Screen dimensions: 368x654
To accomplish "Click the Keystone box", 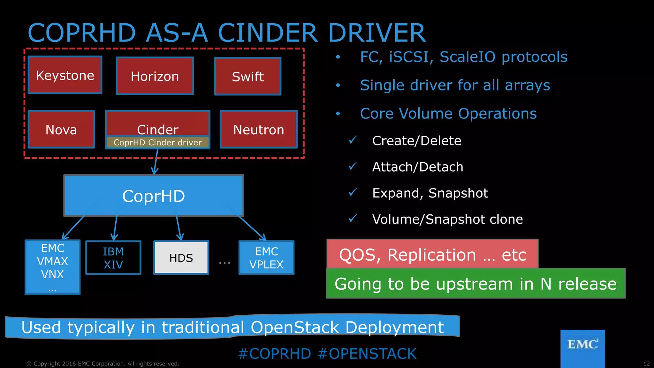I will tap(65, 75).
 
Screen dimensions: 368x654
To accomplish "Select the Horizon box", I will tap(155, 76).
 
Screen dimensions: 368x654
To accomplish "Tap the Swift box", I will tap(248, 76).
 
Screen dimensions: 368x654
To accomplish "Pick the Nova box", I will tap(61, 129).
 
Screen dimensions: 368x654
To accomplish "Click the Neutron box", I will tap(259, 129).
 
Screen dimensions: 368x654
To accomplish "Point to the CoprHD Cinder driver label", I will tap(157, 142).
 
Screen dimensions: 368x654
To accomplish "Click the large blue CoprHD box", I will tap(154, 196).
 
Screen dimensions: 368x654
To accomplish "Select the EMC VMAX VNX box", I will tap(53, 267).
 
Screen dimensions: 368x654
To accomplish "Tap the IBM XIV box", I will tap(113, 258).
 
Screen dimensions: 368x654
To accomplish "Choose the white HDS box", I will tap(181, 258).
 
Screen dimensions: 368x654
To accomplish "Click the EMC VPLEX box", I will tap(266, 258).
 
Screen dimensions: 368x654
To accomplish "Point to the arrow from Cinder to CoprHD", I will tap(156, 162).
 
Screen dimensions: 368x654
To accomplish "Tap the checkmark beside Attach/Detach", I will tap(353, 166).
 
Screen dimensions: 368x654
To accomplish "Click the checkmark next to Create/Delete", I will tap(353, 140).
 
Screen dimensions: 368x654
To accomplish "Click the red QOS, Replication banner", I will tap(432, 254).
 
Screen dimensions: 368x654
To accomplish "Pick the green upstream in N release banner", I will tap(475, 284).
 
